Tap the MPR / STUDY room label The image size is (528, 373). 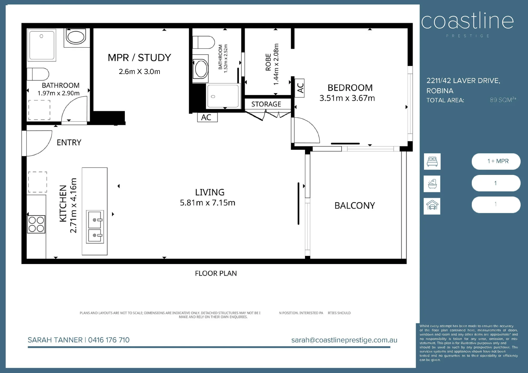click(139, 58)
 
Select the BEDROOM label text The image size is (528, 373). click(350, 88)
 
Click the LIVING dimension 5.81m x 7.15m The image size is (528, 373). click(208, 203)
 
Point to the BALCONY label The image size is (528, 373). click(355, 205)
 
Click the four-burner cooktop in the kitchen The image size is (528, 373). click(36, 224)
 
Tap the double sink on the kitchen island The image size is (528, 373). click(95, 227)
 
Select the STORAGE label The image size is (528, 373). click(266, 104)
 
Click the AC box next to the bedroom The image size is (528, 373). click(299, 88)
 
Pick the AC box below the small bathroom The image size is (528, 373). click(208, 117)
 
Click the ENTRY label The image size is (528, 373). click(69, 142)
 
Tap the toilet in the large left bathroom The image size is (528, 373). click(38, 74)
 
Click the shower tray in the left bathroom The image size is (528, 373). click(42, 45)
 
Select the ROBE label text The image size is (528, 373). click(268, 62)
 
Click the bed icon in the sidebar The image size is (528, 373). click(432, 161)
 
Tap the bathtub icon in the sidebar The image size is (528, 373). click(432, 184)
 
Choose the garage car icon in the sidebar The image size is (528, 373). click(432, 206)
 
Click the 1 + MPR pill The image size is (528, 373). click(496, 161)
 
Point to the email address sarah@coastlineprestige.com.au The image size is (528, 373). click(344, 340)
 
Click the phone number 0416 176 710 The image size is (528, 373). click(109, 340)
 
